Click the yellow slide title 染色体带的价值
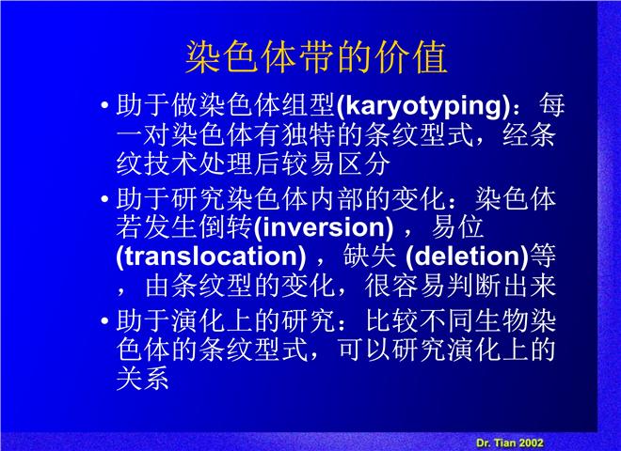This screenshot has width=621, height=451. click(316, 57)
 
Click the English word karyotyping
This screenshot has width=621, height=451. click(423, 106)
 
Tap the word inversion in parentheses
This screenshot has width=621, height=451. click(324, 227)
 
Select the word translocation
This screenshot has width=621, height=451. click(211, 257)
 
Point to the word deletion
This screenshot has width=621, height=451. click(469, 257)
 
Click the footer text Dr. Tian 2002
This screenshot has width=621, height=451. click(510, 443)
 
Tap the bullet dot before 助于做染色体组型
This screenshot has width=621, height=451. click(105, 105)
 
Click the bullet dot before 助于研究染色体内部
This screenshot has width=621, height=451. click(105, 199)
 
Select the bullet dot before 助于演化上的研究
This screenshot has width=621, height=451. click(105, 320)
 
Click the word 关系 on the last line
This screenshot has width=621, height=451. click(143, 379)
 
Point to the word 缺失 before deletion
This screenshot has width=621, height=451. click(370, 256)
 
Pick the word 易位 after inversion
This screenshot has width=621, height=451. click(457, 227)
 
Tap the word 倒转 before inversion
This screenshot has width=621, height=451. click(226, 227)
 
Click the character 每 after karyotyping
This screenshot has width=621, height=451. click(552, 105)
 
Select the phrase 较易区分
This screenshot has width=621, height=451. click(336, 164)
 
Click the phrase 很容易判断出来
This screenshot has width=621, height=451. click(461, 286)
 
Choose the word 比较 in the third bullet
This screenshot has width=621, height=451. click(391, 320)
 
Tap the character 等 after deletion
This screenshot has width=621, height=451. click(543, 256)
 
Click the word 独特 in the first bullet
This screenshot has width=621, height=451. click(309, 135)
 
